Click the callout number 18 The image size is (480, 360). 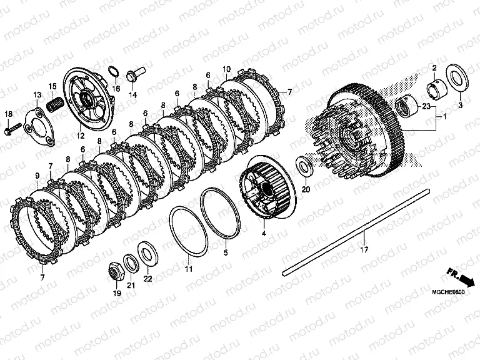9,114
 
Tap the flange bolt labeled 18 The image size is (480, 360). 13,129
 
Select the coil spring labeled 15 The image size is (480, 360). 56,105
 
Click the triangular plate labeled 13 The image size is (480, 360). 39,126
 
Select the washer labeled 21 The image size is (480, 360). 131,263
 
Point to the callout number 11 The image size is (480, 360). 188,269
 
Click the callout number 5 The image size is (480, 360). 226,253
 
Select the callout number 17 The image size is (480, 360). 364,249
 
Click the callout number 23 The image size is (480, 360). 426,106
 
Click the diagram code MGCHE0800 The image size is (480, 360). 448,292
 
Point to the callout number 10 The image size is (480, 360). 226,69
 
